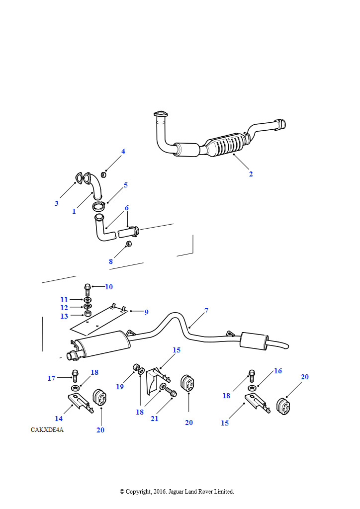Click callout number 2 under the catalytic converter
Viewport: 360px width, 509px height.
coord(251,174)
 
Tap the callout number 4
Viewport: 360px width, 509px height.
coord(123,151)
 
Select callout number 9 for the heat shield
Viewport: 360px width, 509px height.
coord(146,312)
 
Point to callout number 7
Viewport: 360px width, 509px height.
coord(206,311)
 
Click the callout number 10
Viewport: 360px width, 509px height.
coord(109,287)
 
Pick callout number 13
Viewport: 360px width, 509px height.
coord(64,316)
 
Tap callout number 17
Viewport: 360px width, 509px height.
coord(51,378)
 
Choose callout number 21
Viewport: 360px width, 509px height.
coord(155,419)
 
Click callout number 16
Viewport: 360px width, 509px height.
coord(278,371)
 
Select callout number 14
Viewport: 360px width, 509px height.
coord(59,419)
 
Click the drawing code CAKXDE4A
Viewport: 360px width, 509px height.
coord(47,430)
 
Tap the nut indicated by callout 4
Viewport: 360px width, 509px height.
coord(103,174)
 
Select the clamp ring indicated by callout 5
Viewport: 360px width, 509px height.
coord(98,206)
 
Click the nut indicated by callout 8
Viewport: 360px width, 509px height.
coord(129,244)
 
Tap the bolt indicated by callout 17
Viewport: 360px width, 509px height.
coord(75,376)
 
